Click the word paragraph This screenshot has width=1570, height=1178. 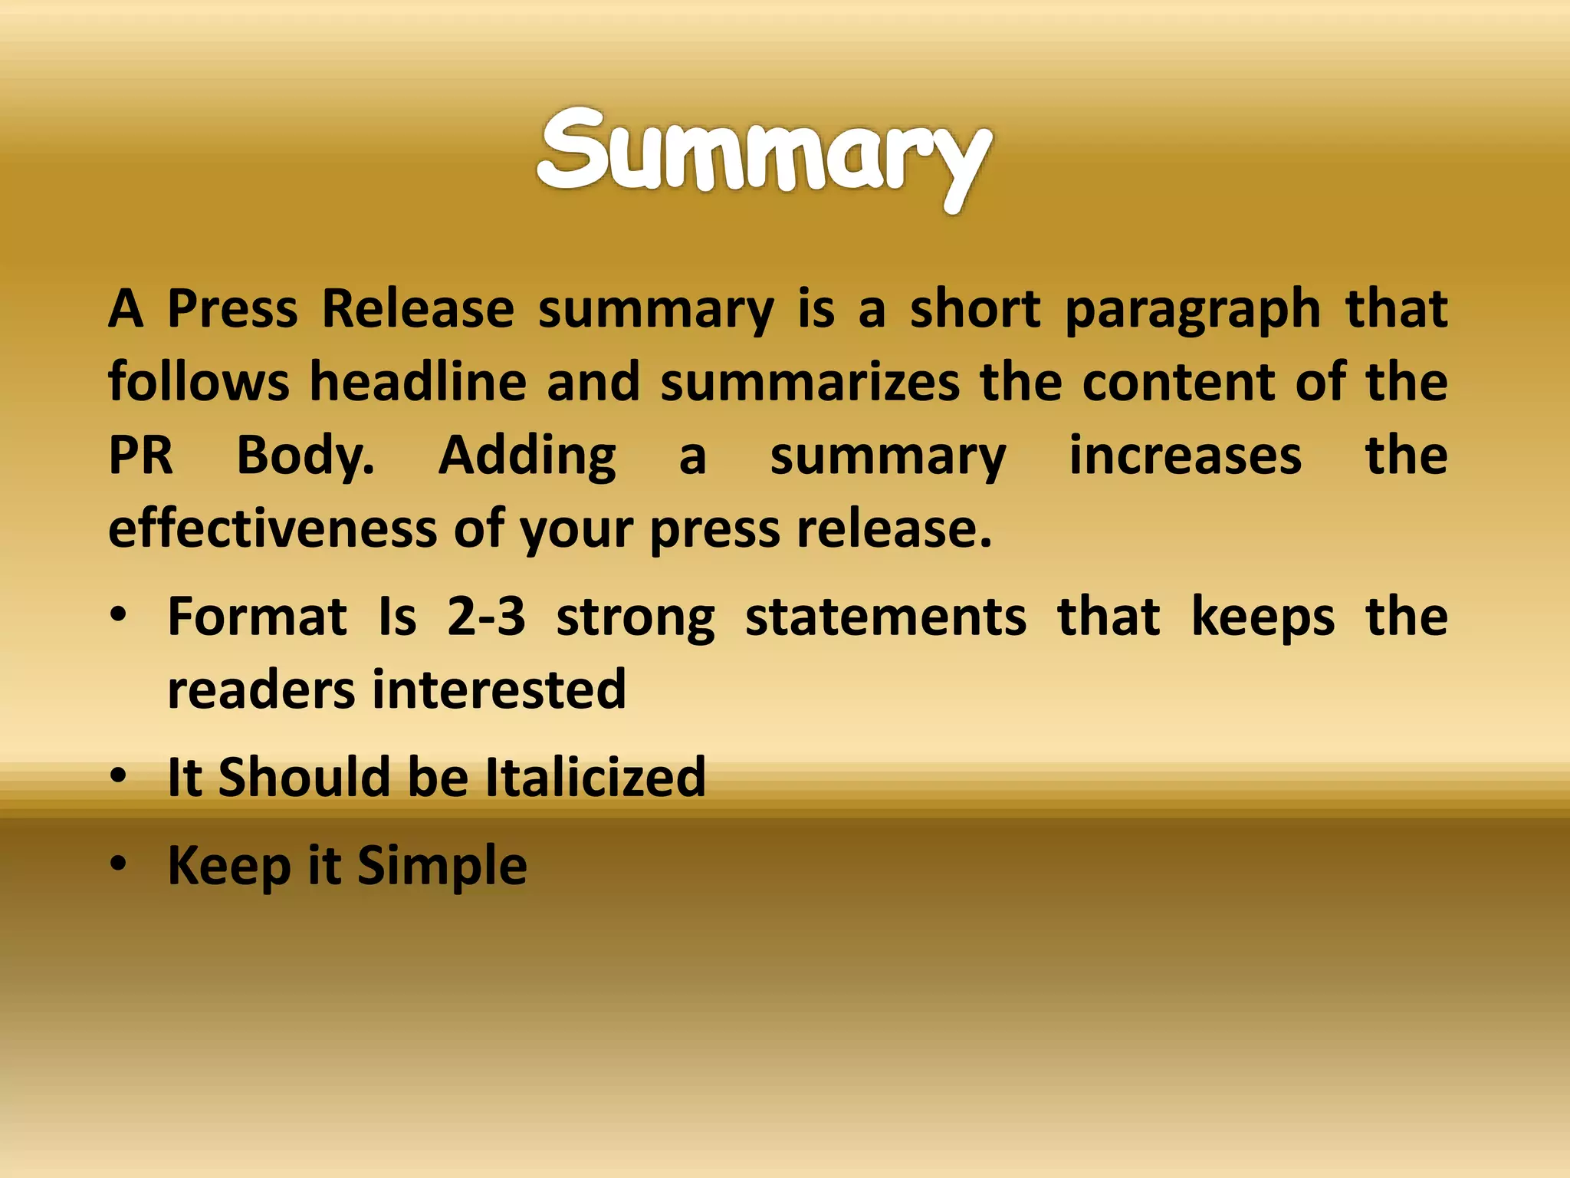1193,311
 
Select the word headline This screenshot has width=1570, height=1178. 418,382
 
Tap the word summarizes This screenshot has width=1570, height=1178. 810,382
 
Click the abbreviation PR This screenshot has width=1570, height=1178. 141,456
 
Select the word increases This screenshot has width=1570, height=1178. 1185,456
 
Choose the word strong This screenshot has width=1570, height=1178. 636,618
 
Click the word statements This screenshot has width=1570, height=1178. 885,617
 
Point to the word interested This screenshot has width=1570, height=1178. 499,689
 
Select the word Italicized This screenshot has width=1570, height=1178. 596,776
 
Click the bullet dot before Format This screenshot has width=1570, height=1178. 118,615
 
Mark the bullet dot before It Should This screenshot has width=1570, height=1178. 118,776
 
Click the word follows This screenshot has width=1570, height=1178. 199,382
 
